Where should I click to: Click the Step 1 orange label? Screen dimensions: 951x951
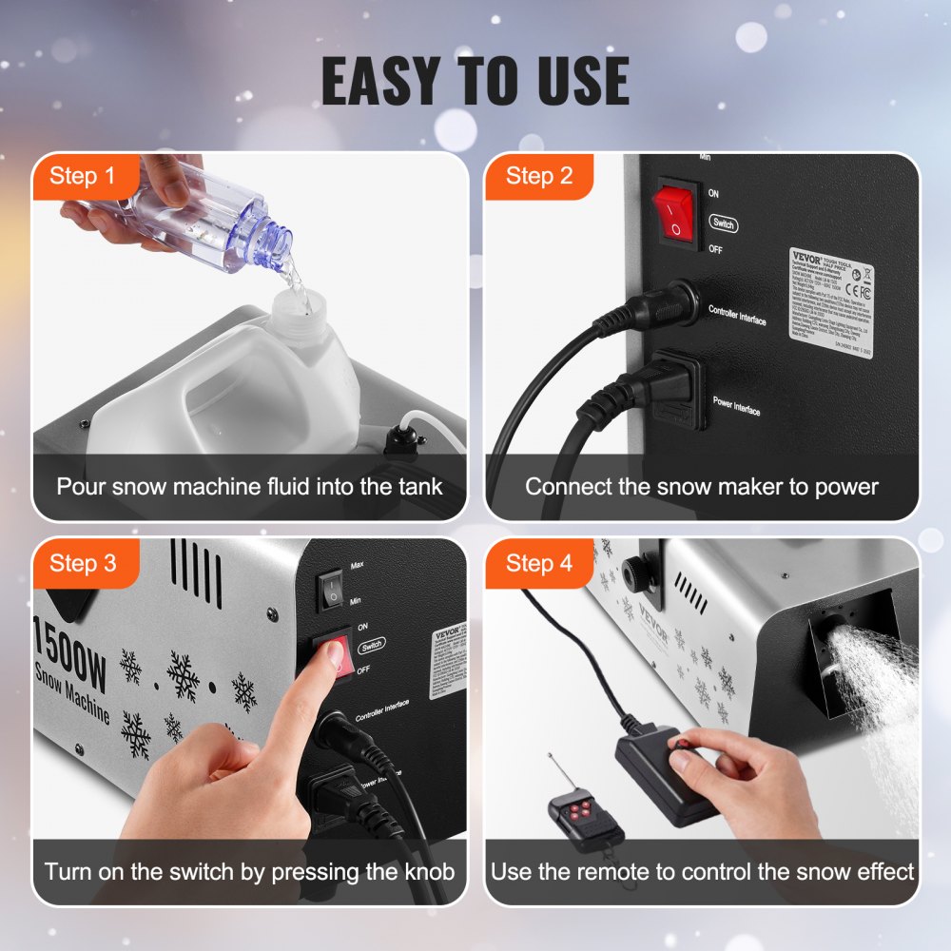pos(82,176)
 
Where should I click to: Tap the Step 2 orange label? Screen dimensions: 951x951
pos(538,176)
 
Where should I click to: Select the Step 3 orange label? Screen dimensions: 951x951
pos(82,563)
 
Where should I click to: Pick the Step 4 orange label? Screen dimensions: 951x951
pos(538,563)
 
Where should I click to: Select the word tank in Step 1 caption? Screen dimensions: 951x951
pos(418,487)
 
